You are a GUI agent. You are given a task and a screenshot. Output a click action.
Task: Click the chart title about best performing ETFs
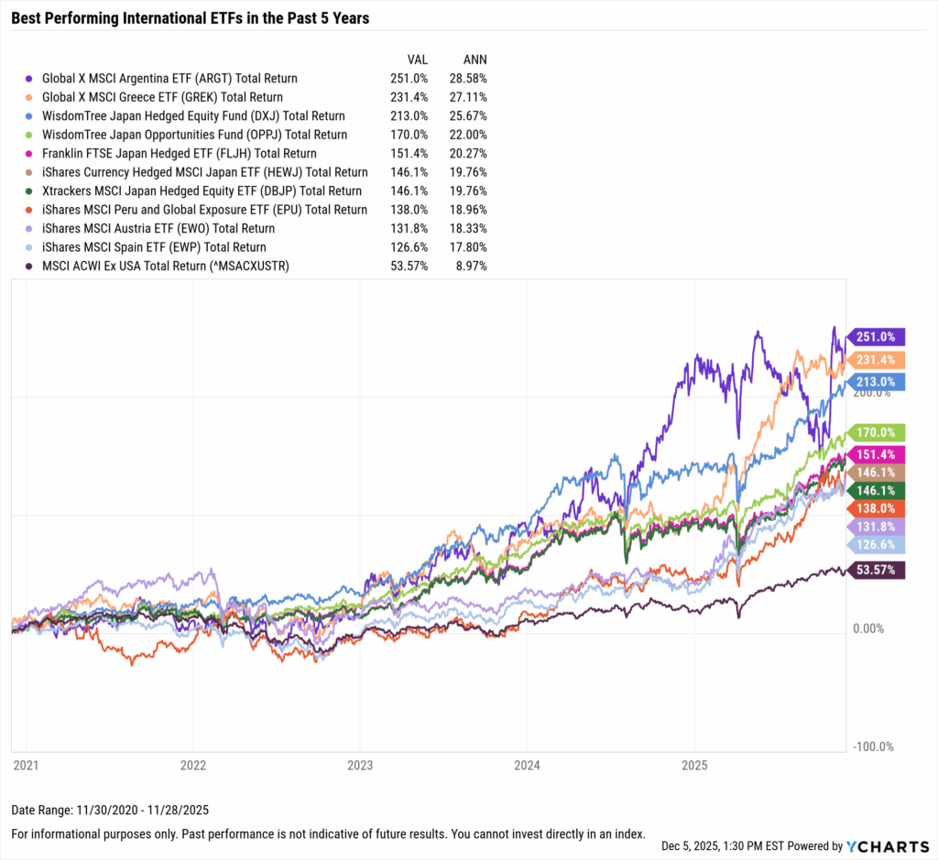191,18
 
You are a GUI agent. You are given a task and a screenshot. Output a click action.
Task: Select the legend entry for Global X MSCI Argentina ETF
169,79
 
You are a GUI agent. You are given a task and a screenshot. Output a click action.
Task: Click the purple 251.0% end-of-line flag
877,336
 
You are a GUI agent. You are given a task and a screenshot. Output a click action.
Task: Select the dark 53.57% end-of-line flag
877,570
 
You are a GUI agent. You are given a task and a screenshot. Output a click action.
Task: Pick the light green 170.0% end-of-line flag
877,432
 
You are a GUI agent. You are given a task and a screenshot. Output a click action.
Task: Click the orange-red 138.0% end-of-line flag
877,507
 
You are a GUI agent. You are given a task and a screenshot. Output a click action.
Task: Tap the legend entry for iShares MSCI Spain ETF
154,247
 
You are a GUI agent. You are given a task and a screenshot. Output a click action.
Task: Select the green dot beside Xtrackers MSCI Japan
30,191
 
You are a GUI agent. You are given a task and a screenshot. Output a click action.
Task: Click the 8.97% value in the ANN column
471,267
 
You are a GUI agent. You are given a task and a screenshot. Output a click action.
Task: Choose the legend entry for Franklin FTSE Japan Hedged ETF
179,154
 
